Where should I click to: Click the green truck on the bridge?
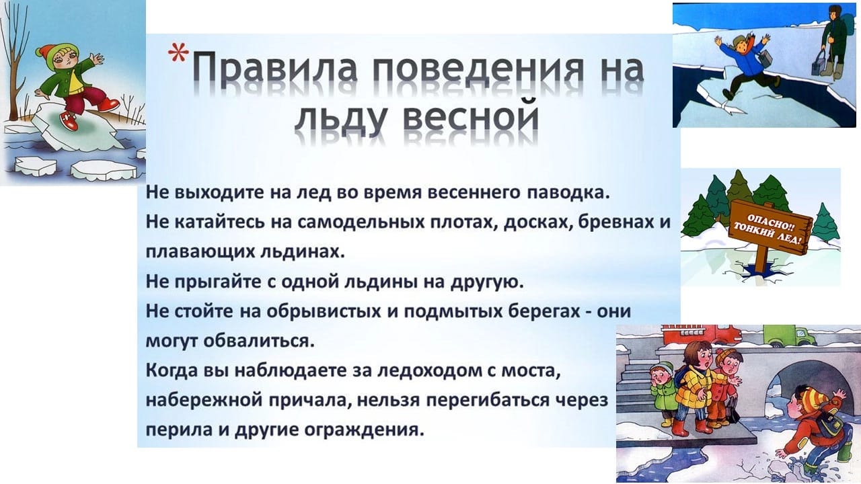[x=789, y=335]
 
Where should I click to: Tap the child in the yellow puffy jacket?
[x=696, y=388]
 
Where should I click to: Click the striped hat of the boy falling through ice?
[x=812, y=401]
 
